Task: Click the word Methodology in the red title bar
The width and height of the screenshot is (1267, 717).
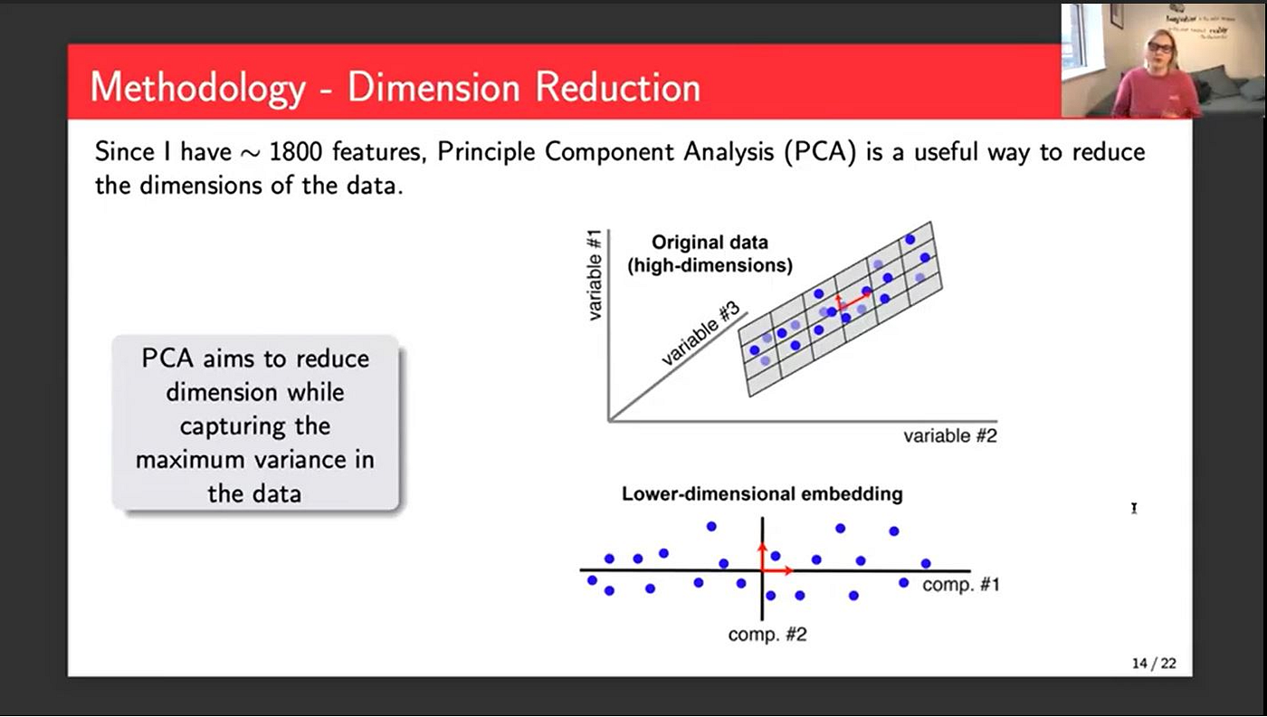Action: [x=198, y=89]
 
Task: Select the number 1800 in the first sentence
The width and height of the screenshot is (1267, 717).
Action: [x=295, y=152]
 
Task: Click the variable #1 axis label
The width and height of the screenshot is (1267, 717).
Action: [x=594, y=274]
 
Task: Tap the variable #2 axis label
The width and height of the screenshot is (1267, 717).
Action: [x=949, y=435]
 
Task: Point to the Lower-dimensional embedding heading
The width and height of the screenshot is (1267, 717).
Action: [x=762, y=493]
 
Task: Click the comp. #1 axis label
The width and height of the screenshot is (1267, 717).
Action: [x=960, y=584]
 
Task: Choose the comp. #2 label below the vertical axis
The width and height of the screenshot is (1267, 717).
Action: [x=767, y=635]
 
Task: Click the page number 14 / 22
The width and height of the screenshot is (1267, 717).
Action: [x=1154, y=663]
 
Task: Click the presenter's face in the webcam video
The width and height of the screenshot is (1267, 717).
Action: [x=1159, y=49]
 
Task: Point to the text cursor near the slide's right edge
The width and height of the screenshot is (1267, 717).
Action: [x=1134, y=508]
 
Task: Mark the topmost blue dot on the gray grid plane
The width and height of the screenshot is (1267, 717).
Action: [x=910, y=239]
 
